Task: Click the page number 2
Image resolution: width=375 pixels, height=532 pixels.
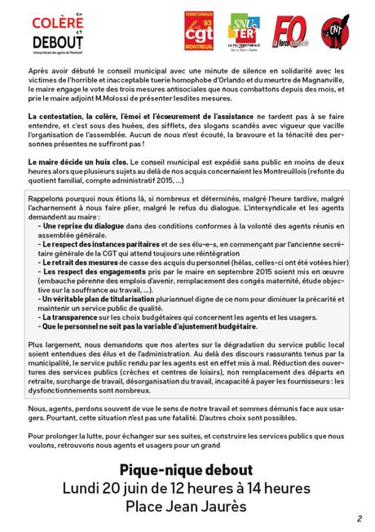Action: pos(359,518)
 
